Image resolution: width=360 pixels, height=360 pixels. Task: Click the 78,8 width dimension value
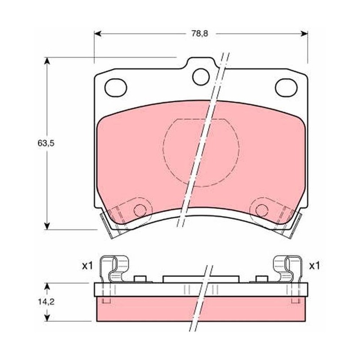(200, 34)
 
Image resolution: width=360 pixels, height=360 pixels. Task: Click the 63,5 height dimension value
(46, 144)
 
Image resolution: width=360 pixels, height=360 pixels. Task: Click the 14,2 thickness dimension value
(46, 302)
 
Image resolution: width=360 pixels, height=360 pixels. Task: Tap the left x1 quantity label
(87, 266)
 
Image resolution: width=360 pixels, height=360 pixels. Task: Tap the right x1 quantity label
(314, 266)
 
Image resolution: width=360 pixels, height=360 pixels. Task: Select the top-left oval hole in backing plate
(116, 88)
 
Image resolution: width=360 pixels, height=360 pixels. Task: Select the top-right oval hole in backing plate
(286, 88)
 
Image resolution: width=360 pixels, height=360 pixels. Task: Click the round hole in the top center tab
(201, 76)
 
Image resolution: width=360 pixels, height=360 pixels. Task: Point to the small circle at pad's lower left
(140, 210)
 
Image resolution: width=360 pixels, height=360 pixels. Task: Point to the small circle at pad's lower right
(262, 210)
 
